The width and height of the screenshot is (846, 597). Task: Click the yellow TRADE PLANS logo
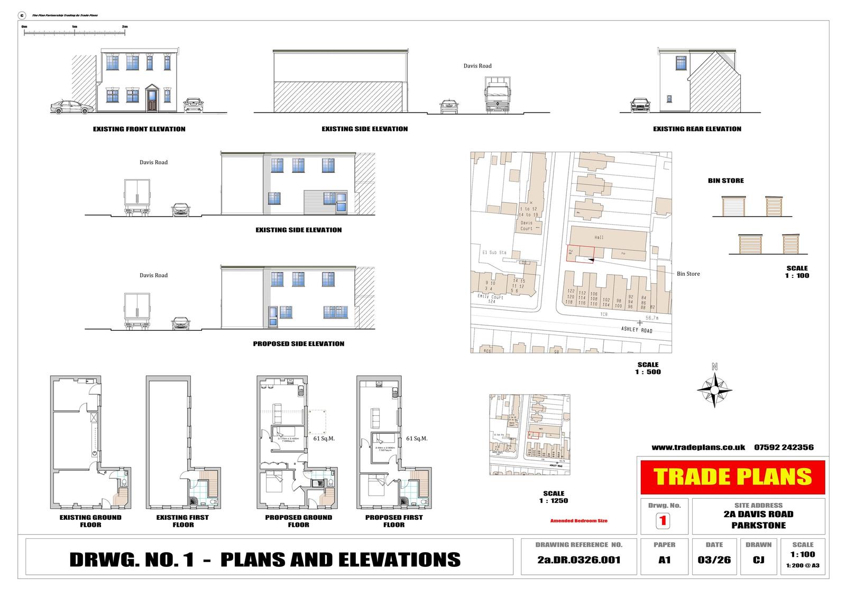point(732,477)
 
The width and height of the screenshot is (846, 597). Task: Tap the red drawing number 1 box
point(663,521)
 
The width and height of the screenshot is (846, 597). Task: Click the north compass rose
point(714,390)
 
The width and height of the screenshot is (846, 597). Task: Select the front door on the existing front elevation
point(152,100)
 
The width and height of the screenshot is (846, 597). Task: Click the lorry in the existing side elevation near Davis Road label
point(497,96)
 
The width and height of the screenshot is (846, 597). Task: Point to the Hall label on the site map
point(599,238)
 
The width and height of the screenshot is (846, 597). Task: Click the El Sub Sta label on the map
point(493,253)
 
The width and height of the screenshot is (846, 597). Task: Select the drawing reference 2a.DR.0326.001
point(578,560)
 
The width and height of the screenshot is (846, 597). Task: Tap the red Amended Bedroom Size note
point(579,521)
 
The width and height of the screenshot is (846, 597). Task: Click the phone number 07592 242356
point(784,447)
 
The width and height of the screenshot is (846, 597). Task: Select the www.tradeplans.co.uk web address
point(698,447)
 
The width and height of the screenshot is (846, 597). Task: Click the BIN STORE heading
point(725,181)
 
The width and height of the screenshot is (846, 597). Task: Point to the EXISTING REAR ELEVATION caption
point(697,129)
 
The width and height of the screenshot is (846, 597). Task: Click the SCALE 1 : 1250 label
point(554,497)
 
